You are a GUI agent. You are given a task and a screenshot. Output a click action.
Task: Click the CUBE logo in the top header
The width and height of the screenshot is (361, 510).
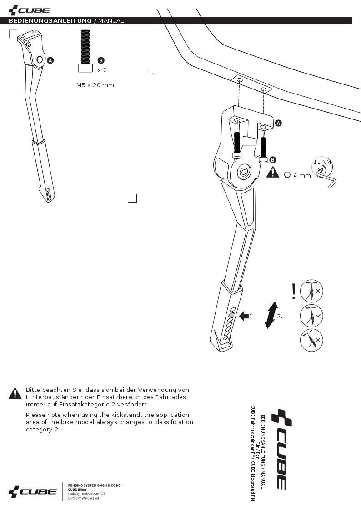coord(29,10)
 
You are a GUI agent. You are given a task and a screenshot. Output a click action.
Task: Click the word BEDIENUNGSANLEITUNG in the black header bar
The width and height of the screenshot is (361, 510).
coord(50,21)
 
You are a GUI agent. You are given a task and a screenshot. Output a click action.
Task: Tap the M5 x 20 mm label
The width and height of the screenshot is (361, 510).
coord(95,85)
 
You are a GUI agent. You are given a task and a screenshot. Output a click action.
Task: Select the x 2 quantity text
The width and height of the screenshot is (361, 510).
coord(102,70)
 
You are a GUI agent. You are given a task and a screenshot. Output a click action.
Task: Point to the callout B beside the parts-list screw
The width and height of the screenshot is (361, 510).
coord(101,60)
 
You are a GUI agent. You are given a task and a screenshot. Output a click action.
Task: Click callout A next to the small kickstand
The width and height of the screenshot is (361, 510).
coord(50,60)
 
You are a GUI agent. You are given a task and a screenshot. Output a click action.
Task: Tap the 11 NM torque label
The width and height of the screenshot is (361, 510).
coord(322,162)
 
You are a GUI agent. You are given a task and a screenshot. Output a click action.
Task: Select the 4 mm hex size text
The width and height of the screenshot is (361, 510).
coord(302,175)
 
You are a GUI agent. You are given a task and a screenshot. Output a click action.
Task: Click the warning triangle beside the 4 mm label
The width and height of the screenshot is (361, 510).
coord(272,173)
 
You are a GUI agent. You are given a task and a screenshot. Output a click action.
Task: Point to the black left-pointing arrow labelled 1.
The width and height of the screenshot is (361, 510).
coord(243,316)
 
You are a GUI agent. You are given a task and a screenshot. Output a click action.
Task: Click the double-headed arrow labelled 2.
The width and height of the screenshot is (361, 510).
coord(271,315)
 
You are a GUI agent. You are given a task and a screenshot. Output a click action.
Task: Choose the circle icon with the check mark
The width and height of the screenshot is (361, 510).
coord(312,316)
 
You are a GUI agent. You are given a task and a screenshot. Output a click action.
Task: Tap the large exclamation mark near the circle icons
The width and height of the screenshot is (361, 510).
coord(294,291)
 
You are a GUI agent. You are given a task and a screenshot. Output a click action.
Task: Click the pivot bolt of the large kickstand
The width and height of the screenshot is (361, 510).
coord(244,172)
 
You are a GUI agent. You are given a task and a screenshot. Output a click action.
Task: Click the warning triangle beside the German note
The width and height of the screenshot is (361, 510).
coord(15,393)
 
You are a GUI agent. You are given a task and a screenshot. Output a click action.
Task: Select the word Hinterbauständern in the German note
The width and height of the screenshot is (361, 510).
coord(53,397)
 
